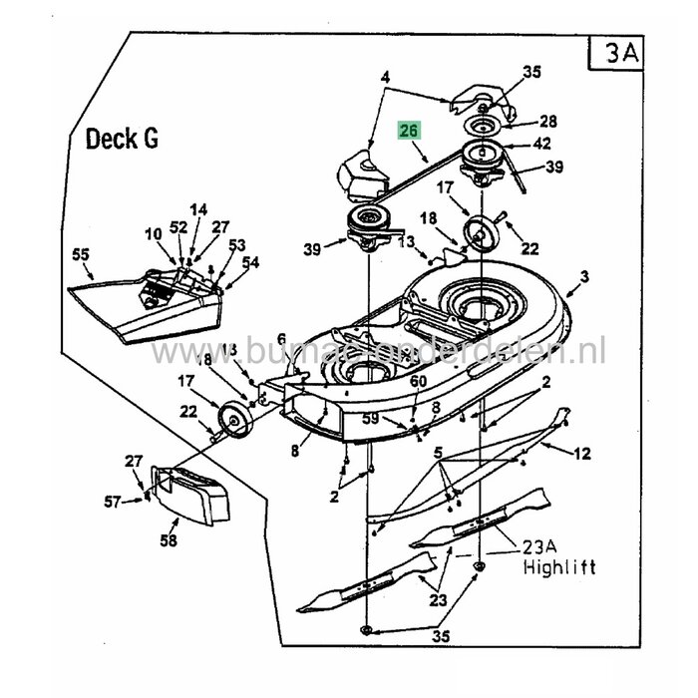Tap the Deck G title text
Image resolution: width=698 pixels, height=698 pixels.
(122, 139)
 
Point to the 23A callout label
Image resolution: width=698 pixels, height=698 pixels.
(539, 546)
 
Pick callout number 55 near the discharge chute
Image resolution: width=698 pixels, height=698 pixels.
(80, 255)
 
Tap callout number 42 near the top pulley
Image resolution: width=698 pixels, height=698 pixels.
(542, 143)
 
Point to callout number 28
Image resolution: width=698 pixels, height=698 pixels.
(547, 121)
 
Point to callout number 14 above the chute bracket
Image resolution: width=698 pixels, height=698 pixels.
(198, 209)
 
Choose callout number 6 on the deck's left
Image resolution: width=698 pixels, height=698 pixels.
(280, 339)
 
